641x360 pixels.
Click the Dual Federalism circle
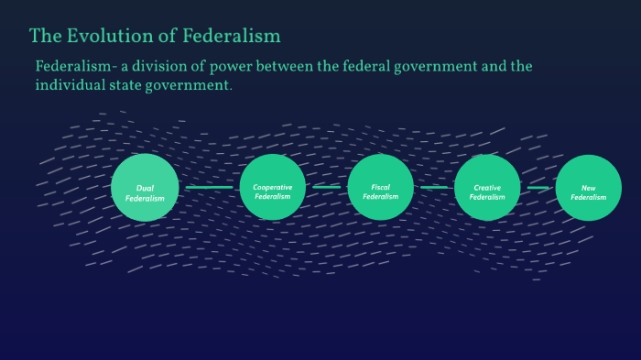point(145,188)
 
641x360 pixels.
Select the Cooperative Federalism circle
point(272,187)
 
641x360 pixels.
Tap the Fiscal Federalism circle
point(381,187)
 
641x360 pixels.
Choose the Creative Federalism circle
point(487,188)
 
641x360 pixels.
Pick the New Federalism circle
point(589,188)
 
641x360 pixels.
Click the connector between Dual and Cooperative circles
point(209,188)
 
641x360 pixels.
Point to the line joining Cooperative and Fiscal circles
point(326,188)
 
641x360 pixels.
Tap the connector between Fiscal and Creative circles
point(434,188)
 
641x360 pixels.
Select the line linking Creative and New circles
point(538,188)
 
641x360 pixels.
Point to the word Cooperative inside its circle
point(272,187)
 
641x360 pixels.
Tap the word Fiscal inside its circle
point(381,187)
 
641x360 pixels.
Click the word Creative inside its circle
point(487,188)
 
